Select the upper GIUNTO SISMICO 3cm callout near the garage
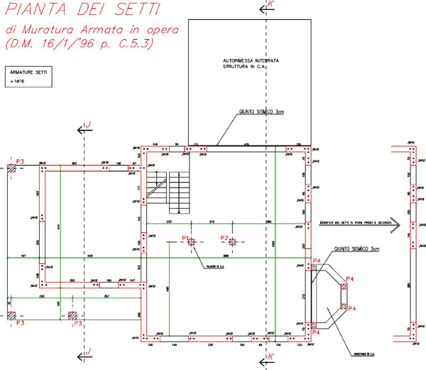tap(261, 111)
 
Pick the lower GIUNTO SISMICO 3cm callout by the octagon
tap(359, 250)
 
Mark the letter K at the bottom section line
tap(270, 356)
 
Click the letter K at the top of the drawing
tap(270, 5)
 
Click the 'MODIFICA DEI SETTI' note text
tap(355, 222)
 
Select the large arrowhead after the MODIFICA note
tap(398, 224)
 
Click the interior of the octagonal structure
tap(329, 296)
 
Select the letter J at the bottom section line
tap(89, 351)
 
